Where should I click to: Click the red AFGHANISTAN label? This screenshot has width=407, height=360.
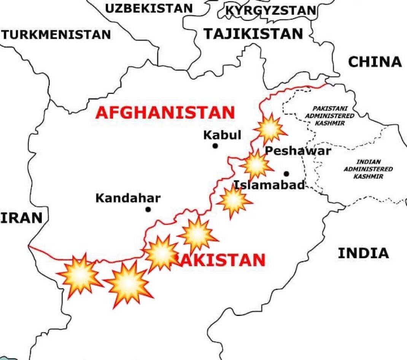pyautogui.click(x=165, y=113)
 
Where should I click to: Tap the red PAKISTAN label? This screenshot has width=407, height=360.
pyautogui.click(x=221, y=260)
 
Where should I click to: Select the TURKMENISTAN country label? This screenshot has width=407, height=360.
pyautogui.click(x=56, y=35)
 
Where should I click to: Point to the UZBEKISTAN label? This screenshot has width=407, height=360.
pyautogui.click(x=149, y=8)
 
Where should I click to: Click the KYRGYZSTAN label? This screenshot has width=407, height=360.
pyautogui.click(x=270, y=11)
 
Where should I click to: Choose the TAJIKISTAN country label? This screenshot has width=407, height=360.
pyautogui.click(x=253, y=34)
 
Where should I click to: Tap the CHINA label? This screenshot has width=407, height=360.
pyautogui.click(x=375, y=62)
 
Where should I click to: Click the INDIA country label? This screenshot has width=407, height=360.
pyautogui.click(x=363, y=253)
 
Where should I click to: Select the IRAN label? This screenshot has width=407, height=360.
pyautogui.click(x=21, y=218)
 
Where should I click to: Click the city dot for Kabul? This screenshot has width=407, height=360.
pyautogui.click(x=215, y=146)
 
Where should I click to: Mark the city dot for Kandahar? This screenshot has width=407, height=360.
pyautogui.click(x=148, y=209)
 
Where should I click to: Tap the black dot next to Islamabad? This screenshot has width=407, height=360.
pyautogui.click(x=286, y=174)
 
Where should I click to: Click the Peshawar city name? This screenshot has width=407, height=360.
pyautogui.click(x=298, y=151)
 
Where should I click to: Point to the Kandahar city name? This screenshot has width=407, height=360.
pyautogui.click(x=128, y=198)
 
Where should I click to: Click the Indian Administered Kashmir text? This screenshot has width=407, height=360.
pyautogui.click(x=368, y=169)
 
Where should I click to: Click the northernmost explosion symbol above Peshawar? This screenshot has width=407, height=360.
pyautogui.click(x=270, y=129)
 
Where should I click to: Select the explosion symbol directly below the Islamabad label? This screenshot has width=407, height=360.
pyautogui.click(x=234, y=201)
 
